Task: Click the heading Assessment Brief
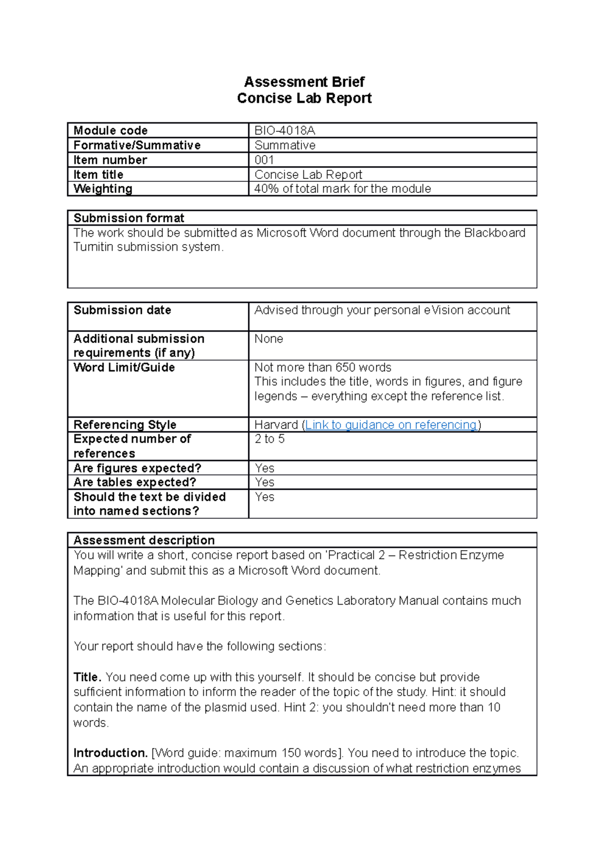click(304, 82)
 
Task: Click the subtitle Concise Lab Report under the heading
click(304, 98)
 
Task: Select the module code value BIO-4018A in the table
click(284, 131)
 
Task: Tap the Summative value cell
click(285, 145)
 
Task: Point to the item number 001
click(264, 160)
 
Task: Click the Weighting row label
click(103, 189)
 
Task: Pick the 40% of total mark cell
click(343, 189)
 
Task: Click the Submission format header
click(129, 218)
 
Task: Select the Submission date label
click(122, 310)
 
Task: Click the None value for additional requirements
click(269, 339)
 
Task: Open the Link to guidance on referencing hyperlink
click(391, 425)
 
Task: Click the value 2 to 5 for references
click(270, 439)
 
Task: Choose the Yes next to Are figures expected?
click(264, 468)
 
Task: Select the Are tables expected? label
click(134, 482)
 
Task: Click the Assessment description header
click(144, 540)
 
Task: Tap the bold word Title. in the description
click(87, 677)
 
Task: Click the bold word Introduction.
click(110, 753)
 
